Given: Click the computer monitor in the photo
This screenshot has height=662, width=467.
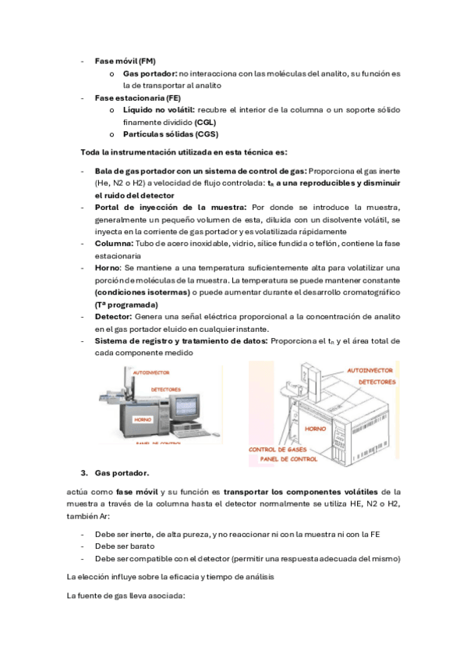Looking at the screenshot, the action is [186, 410].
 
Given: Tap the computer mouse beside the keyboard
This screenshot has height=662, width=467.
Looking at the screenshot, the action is [216, 433].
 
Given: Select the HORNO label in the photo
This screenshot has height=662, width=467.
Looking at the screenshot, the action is [143, 420].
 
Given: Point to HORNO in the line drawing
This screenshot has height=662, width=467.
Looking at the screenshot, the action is [315, 429].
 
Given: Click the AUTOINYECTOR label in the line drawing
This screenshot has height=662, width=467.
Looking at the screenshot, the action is [370, 371].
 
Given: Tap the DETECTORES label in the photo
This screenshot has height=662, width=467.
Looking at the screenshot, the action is [165, 390].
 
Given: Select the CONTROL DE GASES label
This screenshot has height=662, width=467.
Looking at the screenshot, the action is [278, 450].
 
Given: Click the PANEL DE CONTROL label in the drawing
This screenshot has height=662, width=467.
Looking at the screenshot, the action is [288, 459].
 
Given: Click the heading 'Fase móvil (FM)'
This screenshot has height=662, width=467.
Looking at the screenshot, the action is [126, 61].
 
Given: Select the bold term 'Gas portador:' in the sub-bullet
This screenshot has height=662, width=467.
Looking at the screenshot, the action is [150, 74].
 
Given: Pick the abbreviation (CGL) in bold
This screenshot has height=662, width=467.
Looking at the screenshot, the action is [205, 123].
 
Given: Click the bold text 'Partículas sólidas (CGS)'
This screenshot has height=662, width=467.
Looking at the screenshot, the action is [171, 134].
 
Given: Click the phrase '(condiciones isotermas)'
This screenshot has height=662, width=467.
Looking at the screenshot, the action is [143, 293].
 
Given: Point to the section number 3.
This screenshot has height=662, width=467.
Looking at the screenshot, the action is [84, 473].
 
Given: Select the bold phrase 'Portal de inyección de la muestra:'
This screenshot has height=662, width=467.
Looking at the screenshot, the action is [171, 208].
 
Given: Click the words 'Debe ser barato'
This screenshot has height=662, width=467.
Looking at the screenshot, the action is [125, 546].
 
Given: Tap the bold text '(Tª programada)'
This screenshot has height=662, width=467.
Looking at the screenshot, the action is [126, 304].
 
